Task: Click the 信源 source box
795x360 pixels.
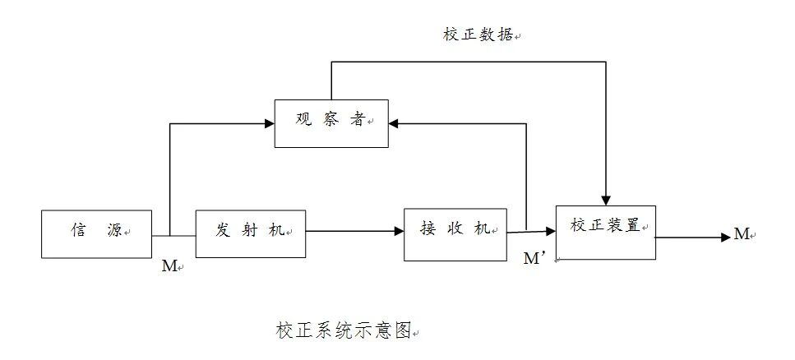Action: coord(96,234)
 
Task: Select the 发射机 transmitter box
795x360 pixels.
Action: coord(250,233)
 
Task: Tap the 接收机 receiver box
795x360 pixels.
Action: coord(455,233)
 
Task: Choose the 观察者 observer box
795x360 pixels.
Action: coord(331,122)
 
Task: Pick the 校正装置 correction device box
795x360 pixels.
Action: coord(606,233)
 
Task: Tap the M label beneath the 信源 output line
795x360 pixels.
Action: coord(169,267)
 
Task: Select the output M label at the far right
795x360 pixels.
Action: coord(742,235)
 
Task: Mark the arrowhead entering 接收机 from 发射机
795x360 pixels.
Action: coord(399,232)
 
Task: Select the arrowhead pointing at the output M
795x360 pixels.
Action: coord(726,237)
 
